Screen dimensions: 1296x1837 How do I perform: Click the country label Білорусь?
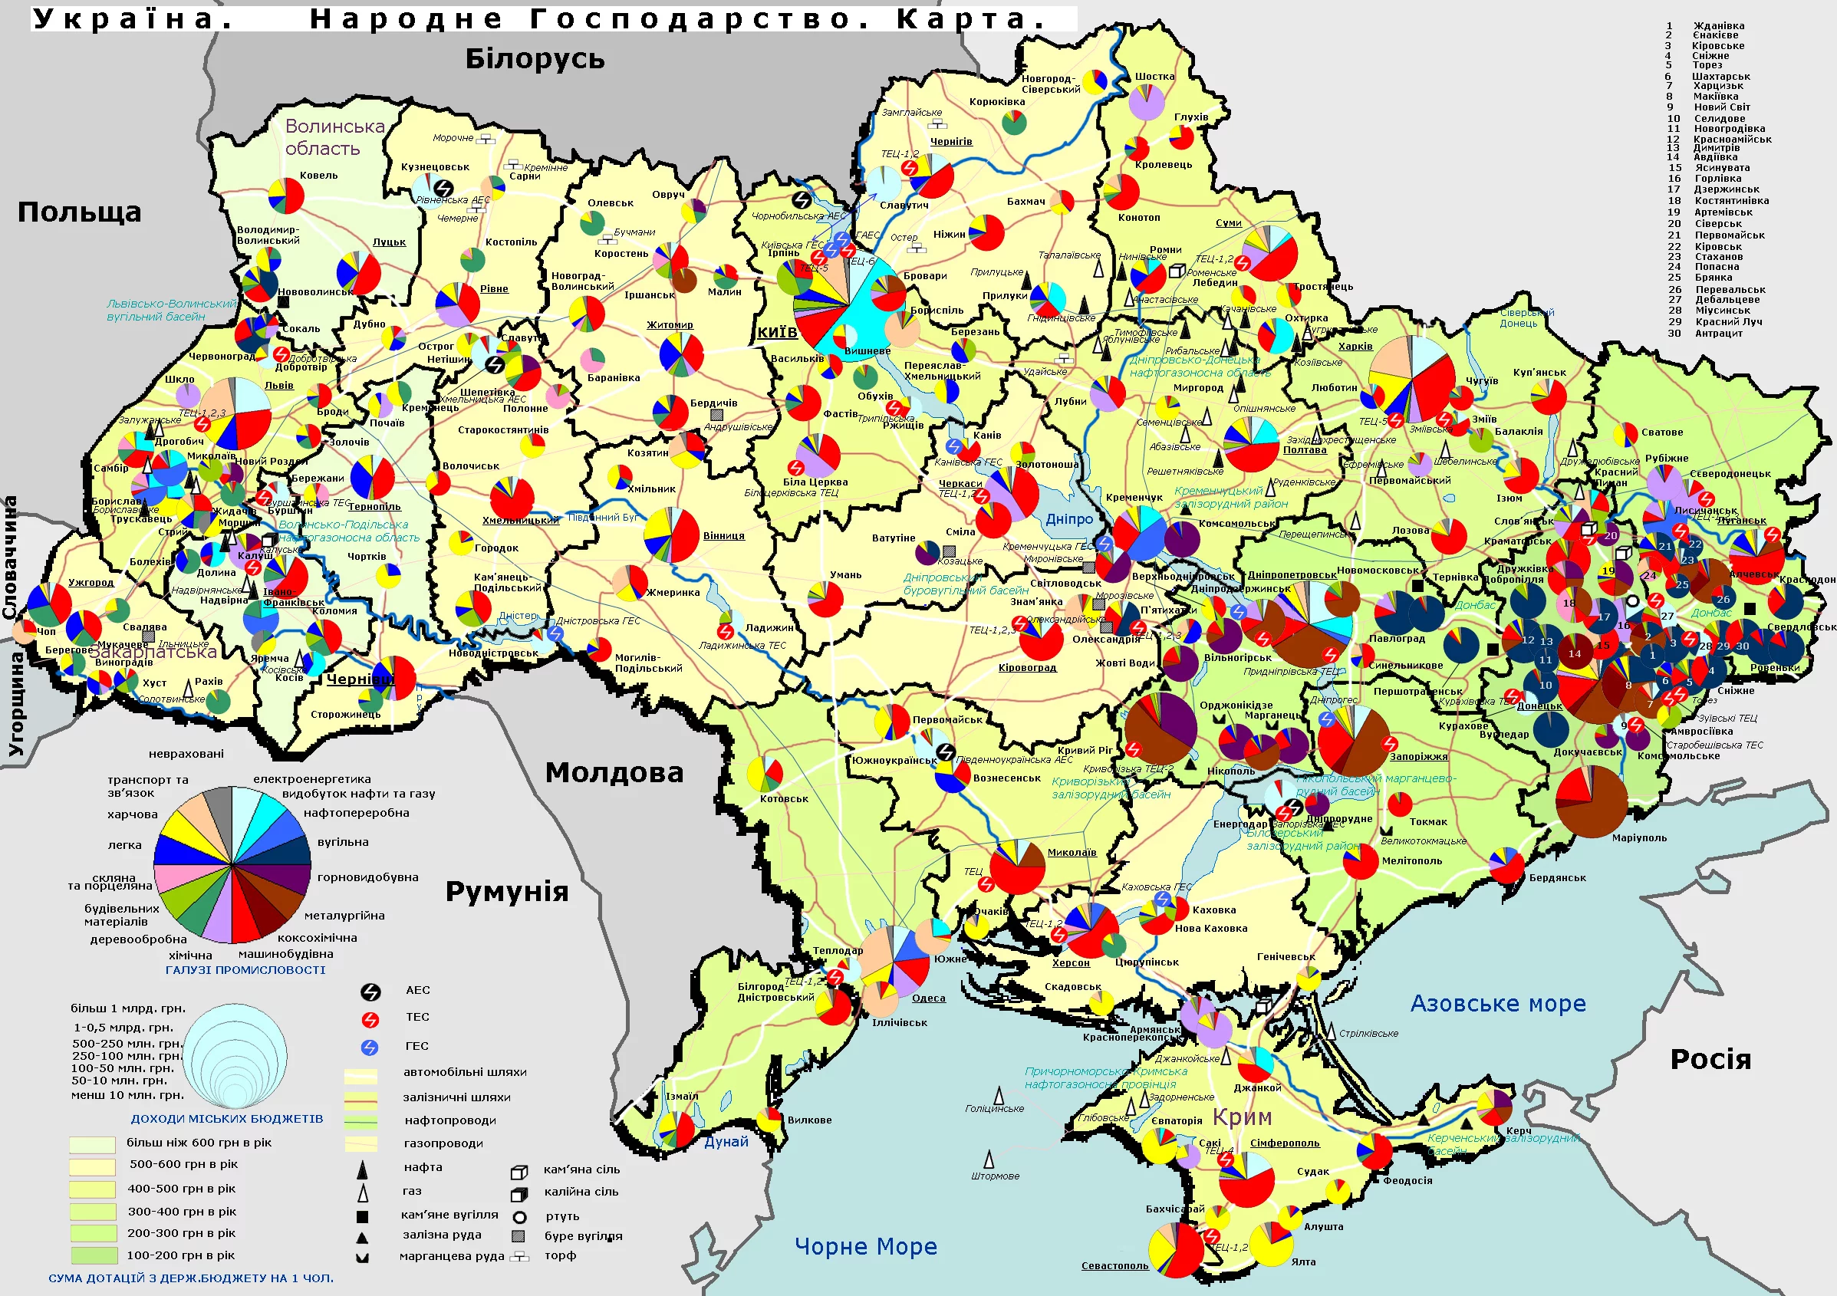click(x=535, y=58)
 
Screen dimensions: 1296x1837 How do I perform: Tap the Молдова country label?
click(x=614, y=772)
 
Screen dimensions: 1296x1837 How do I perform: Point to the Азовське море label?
click(x=1498, y=1003)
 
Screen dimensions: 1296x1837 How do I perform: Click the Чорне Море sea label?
click(x=865, y=1246)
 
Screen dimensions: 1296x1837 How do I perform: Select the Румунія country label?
click(x=506, y=890)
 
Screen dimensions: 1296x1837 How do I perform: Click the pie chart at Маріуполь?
click(x=1592, y=801)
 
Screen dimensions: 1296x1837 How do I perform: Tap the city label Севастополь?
click(x=1114, y=1265)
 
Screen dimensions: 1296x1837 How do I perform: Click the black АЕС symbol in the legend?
click(x=370, y=992)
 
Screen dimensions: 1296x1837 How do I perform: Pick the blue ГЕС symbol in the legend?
click(x=370, y=1048)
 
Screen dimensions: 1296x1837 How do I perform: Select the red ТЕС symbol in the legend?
click(x=370, y=1019)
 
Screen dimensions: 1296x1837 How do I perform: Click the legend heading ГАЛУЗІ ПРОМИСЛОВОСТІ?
click(x=245, y=969)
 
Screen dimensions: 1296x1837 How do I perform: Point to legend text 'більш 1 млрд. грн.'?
click(x=128, y=1008)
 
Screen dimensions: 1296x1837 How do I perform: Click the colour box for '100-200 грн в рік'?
click(x=94, y=1255)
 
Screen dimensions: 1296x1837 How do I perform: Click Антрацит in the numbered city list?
click(x=1719, y=333)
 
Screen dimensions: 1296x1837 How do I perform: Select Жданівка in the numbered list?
click(x=1719, y=25)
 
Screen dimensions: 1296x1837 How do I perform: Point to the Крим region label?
click(x=1242, y=1117)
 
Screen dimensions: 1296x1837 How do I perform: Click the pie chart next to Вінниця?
click(x=671, y=535)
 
